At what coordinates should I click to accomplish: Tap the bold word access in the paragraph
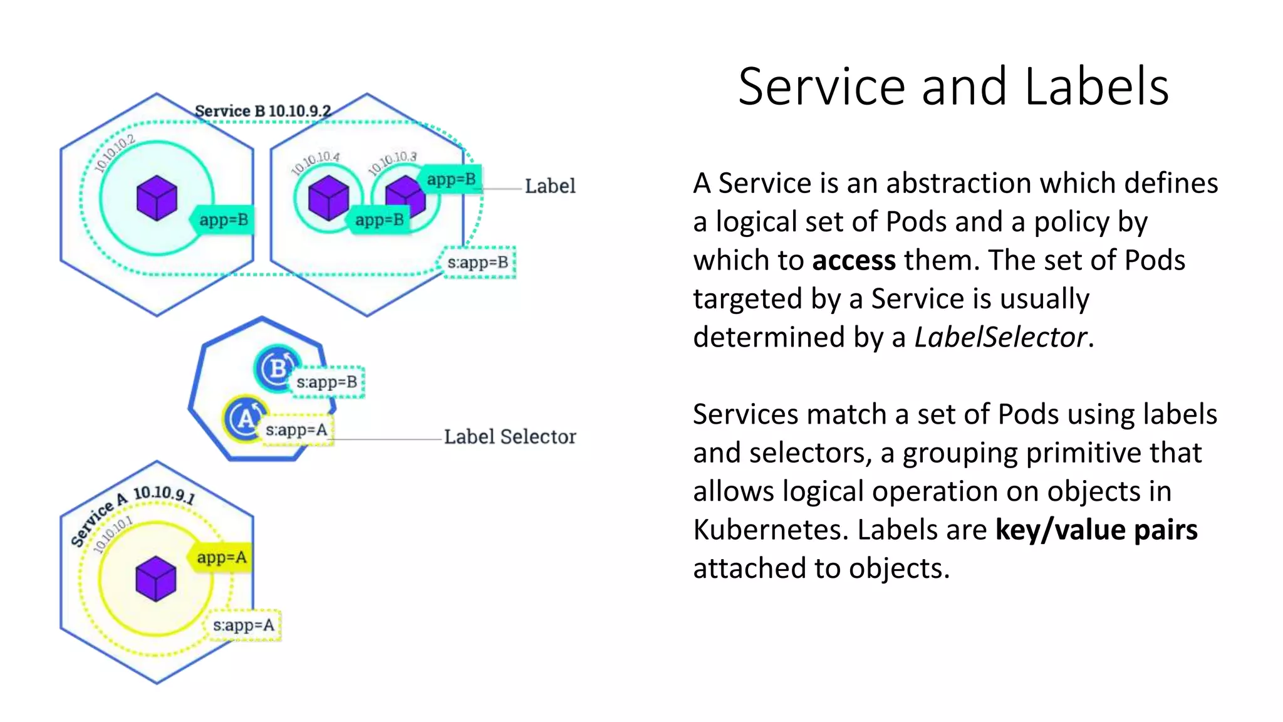pos(853,260)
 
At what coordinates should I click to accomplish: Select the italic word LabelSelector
pos(1000,337)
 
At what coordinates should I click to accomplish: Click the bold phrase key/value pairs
pos(1096,530)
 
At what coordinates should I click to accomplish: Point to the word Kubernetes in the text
pos(769,530)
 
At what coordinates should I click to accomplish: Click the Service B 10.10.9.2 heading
pos(262,111)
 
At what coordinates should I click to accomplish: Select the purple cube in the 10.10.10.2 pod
pos(157,198)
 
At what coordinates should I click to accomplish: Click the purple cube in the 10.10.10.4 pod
pos(328,197)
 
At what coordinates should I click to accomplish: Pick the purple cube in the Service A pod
pos(156,578)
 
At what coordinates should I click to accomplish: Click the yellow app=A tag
pos(221,557)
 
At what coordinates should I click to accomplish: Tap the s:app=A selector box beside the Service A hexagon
pos(244,625)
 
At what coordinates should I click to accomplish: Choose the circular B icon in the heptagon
pos(276,367)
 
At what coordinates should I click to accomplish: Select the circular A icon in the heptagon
pos(245,418)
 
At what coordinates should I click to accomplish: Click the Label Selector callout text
pos(510,437)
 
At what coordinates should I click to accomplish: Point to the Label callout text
pos(549,186)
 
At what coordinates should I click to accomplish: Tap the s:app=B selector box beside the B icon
pos(326,382)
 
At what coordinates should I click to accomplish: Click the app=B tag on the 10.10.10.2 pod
pos(223,220)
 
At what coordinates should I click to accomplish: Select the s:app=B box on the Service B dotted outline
pos(478,263)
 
